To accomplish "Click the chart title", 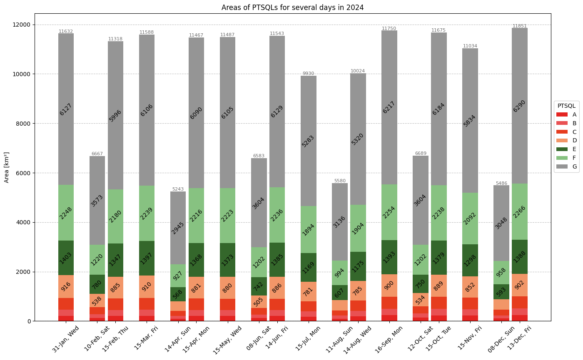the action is pyautogui.click(x=292, y=7).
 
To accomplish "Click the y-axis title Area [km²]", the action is pyautogui.click(x=7, y=167).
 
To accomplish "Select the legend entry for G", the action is pyautogui.click(x=566, y=166).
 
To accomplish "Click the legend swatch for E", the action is pyautogui.click(x=562, y=149).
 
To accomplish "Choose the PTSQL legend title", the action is pyautogui.click(x=566, y=106).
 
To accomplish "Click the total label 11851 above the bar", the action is pyautogui.click(x=519, y=26).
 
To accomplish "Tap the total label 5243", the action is pyautogui.click(x=178, y=189).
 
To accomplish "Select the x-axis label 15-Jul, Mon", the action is pyautogui.click(x=308, y=338).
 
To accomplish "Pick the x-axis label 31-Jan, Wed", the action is pyautogui.click(x=65, y=339).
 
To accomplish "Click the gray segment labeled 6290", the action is pyautogui.click(x=520, y=106).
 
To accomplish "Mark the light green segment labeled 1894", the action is pyautogui.click(x=309, y=230).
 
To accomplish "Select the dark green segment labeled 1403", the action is pyautogui.click(x=66, y=258).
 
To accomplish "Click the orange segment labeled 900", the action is pyautogui.click(x=389, y=286).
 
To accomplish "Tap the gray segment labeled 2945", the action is pyautogui.click(x=178, y=228).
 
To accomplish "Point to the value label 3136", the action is pyautogui.click(x=339, y=222).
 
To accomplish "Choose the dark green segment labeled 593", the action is pyautogui.click(x=501, y=292).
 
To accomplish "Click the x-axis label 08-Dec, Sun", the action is pyautogui.click(x=501, y=339).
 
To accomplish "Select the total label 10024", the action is pyautogui.click(x=358, y=71).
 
